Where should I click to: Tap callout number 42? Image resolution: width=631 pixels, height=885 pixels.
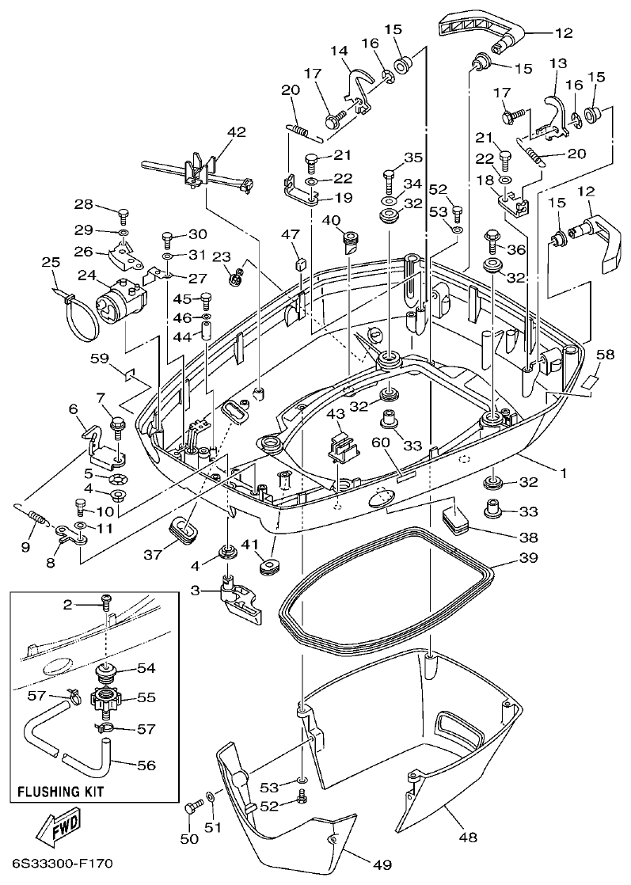[215, 132]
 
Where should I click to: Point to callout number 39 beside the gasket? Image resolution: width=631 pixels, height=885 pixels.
[527, 558]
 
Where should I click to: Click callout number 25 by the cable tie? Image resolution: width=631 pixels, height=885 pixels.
[51, 262]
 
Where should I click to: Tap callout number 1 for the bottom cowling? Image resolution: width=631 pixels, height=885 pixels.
[564, 473]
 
